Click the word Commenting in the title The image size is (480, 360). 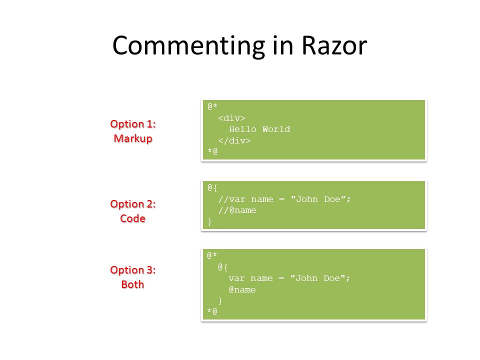[x=189, y=46]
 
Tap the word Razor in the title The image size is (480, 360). [x=334, y=45]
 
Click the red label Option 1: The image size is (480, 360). [x=133, y=124]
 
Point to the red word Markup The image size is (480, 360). [x=133, y=138]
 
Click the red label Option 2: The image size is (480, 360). [x=133, y=204]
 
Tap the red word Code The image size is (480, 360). [x=133, y=218]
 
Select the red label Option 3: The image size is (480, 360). [x=133, y=269]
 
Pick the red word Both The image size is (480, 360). [x=133, y=284]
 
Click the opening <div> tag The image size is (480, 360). [x=231, y=118]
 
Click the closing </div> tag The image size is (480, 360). [x=234, y=141]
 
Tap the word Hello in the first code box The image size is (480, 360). [x=243, y=129]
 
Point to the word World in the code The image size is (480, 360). [x=276, y=129]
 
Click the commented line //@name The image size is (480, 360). [x=237, y=210]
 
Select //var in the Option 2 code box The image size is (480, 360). [x=231, y=199]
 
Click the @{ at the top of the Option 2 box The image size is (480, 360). [x=212, y=187]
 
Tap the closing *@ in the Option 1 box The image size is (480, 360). [x=212, y=151]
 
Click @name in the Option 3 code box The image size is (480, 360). [x=242, y=289]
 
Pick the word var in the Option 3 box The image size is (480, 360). [x=236, y=278]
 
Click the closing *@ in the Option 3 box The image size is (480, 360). [x=212, y=311]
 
